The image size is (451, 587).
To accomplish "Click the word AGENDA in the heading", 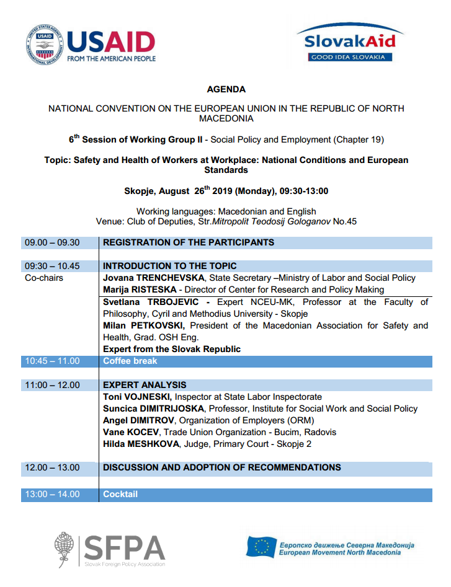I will click(226, 89).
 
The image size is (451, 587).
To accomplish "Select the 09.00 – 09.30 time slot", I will click(52, 242).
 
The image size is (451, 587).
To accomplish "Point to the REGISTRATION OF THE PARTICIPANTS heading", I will click(188, 242).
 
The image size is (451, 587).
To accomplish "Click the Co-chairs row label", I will click(44, 278).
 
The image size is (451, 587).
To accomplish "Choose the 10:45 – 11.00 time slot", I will click(52, 361).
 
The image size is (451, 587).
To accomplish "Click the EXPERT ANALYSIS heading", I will click(145, 385).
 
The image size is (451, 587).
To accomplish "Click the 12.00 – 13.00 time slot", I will click(52, 467).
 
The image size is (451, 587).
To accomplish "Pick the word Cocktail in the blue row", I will click(120, 494).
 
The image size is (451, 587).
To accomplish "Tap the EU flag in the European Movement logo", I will click(261, 547).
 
